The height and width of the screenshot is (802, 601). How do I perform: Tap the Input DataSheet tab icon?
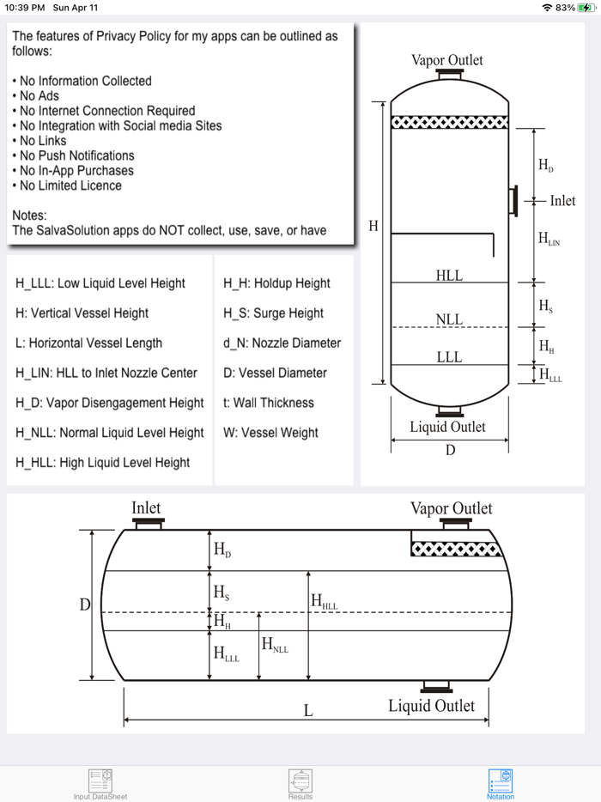click(x=100, y=781)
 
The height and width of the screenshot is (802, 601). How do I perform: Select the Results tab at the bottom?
click(x=300, y=781)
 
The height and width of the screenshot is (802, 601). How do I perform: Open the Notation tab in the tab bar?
click(x=501, y=781)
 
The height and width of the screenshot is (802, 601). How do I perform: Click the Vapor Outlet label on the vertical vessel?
click(x=446, y=60)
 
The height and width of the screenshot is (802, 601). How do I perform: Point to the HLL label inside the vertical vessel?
click(x=449, y=276)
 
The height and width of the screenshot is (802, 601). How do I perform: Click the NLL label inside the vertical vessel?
click(x=449, y=320)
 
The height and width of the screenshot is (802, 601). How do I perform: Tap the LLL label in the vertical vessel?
click(x=449, y=357)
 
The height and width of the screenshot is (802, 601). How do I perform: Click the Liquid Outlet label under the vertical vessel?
click(x=447, y=427)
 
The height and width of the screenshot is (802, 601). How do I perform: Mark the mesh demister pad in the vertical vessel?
click(x=449, y=123)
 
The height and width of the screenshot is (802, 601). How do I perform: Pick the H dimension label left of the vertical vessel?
click(x=373, y=227)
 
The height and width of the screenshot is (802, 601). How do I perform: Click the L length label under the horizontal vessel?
click(x=308, y=710)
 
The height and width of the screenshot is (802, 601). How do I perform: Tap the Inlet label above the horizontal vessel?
click(x=146, y=508)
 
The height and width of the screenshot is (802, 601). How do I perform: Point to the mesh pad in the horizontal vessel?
click(x=452, y=549)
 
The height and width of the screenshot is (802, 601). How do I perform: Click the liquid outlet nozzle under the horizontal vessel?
click(x=436, y=686)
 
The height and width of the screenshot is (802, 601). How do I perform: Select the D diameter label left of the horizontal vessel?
click(x=84, y=605)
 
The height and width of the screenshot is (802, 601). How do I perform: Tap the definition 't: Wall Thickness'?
click(x=269, y=403)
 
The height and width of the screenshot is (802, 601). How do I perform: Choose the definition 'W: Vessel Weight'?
click(x=270, y=433)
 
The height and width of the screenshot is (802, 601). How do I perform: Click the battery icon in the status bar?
click(x=586, y=7)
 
